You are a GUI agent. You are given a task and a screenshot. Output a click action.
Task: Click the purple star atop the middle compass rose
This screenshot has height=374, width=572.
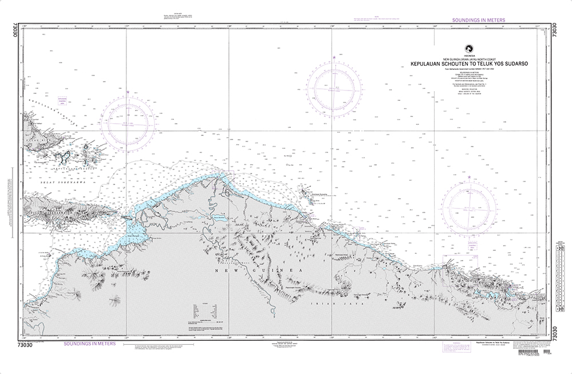coord(334,57)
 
